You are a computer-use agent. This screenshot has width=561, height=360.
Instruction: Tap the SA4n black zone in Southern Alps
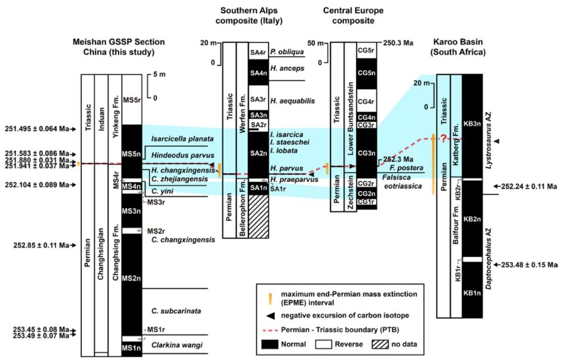(x=258, y=73)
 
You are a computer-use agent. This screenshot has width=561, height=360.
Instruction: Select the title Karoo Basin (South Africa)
(x=461, y=48)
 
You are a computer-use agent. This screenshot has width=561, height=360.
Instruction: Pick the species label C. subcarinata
(x=170, y=310)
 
